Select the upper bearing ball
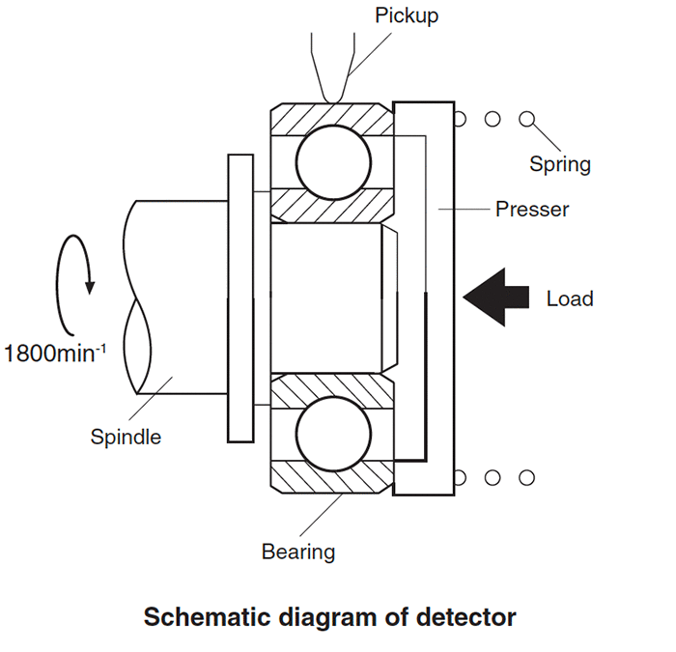click(332, 162)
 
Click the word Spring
click(559, 164)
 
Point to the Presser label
click(531, 209)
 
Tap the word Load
click(570, 298)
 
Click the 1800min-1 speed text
click(55, 352)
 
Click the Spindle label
click(126, 437)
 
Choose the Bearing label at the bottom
click(298, 553)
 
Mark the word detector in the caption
click(462, 616)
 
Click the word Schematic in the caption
click(202, 616)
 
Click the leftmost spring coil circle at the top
click(460, 120)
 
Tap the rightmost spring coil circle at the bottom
click(526, 477)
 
